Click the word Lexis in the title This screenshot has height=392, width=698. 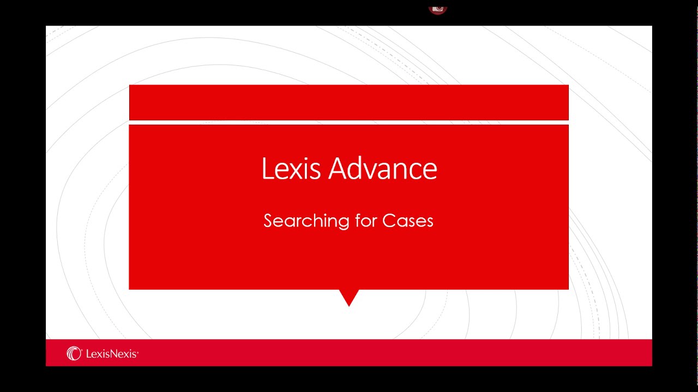click(x=291, y=168)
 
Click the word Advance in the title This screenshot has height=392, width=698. click(x=383, y=168)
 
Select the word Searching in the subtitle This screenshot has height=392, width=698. click(x=306, y=221)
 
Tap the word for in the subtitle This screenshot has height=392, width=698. click(x=366, y=220)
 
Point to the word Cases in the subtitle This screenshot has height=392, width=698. click(x=407, y=220)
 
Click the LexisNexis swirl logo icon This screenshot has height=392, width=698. click(x=74, y=353)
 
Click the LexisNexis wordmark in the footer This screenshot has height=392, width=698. click(x=112, y=354)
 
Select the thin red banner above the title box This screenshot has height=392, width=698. click(x=349, y=102)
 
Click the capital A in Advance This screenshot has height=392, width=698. click(x=339, y=168)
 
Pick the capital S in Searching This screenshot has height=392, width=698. click(x=268, y=220)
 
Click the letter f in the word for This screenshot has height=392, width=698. click(x=358, y=220)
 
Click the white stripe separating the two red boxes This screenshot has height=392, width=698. click(x=349, y=122)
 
